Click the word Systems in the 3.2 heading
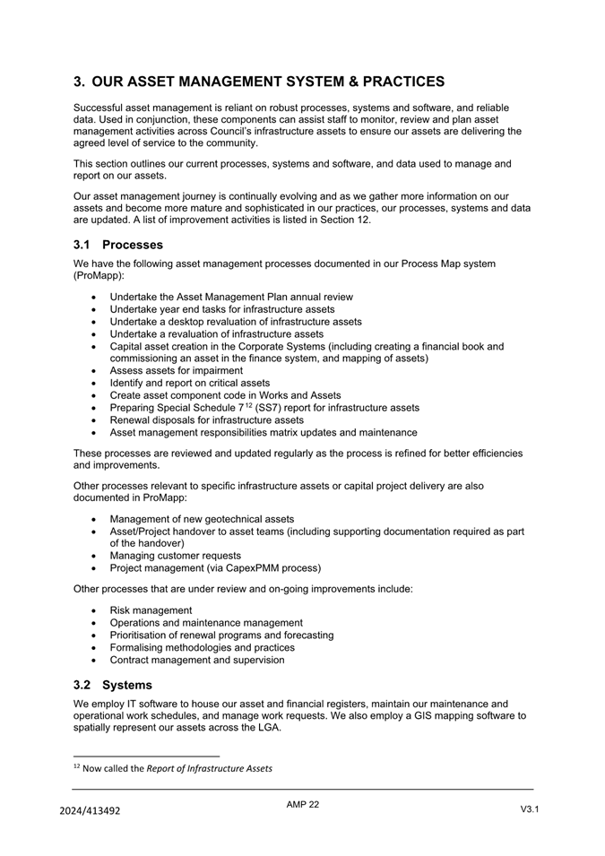[x=127, y=685]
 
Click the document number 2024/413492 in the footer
[x=90, y=811]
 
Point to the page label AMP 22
[x=303, y=805]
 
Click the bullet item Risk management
[x=151, y=610]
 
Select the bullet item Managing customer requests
[x=175, y=556]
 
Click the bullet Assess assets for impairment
[x=176, y=370]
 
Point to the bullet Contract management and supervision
[x=197, y=660]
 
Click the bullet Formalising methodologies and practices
[x=202, y=647]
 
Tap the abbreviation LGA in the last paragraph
[x=266, y=727]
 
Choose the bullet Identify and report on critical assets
[x=189, y=383]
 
